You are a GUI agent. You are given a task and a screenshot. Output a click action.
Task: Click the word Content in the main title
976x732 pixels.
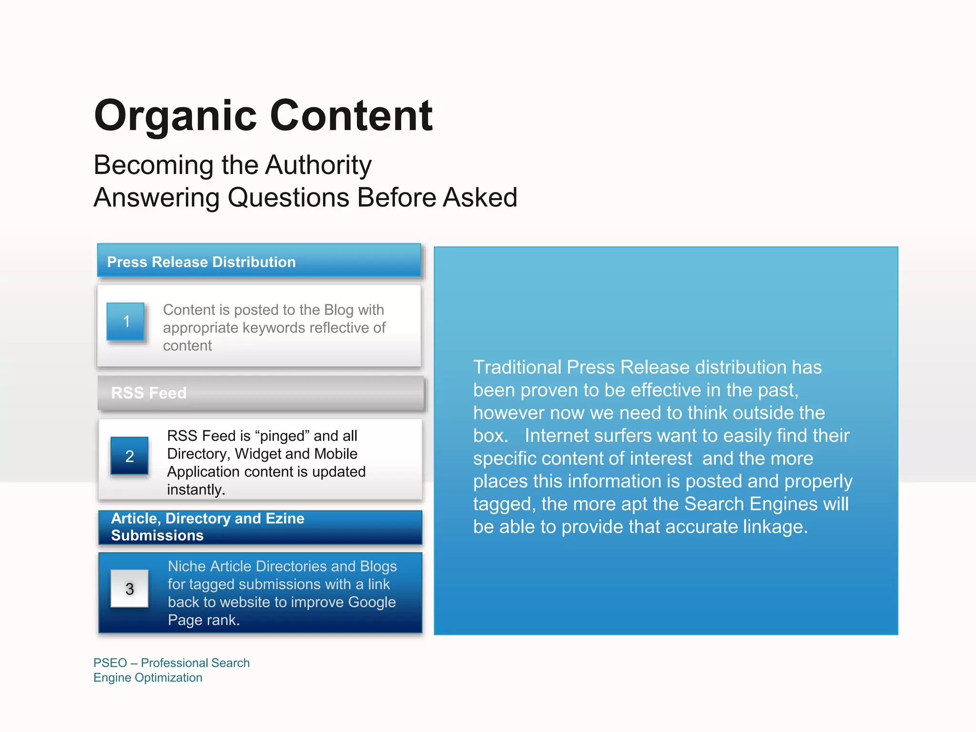point(351,116)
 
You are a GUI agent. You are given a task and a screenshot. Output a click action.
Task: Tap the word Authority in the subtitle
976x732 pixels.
point(318,165)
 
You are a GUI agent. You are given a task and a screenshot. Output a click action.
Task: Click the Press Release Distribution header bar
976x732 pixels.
point(259,261)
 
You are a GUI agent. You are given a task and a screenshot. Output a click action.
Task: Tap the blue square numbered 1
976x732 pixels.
point(126,321)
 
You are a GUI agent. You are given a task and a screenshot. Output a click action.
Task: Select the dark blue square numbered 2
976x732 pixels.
point(129,456)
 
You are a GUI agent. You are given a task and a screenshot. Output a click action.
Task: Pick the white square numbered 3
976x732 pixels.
point(129,589)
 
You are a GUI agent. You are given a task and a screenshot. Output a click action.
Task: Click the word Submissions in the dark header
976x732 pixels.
point(157,536)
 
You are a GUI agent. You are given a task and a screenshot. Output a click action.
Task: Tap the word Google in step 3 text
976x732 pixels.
point(372,602)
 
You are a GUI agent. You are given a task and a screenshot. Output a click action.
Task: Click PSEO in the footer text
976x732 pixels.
point(110,663)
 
